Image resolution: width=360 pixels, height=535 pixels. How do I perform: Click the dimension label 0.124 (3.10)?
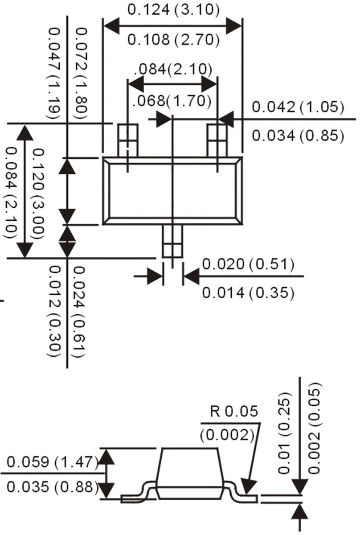tap(173, 9)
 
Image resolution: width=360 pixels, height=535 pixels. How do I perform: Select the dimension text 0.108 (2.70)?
tap(173, 40)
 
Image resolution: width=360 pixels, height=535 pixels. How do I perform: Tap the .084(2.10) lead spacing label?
tap(172, 69)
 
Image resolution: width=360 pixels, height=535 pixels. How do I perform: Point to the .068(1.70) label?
tap(172, 101)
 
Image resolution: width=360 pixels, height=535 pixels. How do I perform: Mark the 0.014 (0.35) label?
tap(248, 293)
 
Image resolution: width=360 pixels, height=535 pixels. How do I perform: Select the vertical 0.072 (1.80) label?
tap(82, 74)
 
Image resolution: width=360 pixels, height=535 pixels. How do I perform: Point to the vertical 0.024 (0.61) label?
tap(79, 312)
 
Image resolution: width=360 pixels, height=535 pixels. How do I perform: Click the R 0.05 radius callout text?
tap(234, 411)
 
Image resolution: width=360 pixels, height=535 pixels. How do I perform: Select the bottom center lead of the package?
tap(172, 241)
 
